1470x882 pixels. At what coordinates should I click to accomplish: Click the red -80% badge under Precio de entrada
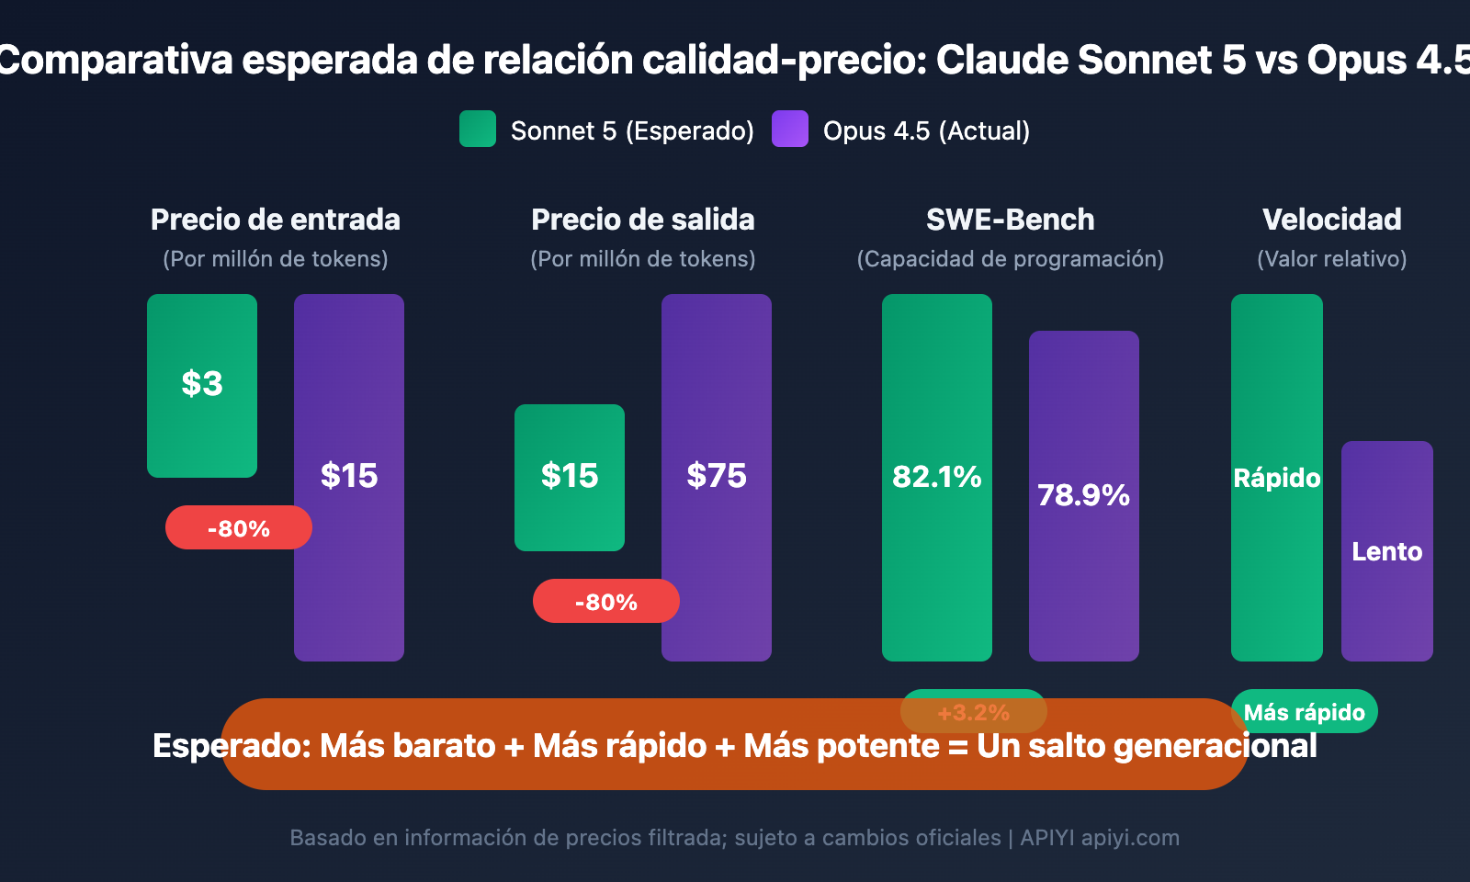point(239,528)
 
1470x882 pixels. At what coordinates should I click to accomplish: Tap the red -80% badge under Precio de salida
point(606,602)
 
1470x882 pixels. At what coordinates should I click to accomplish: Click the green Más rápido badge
point(1305,712)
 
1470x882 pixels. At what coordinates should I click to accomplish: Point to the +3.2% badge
point(974,712)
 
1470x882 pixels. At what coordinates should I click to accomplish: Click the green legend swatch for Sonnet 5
point(478,130)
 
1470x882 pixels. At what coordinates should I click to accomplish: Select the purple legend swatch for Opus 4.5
point(790,130)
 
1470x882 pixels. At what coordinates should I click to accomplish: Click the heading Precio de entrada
point(276,220)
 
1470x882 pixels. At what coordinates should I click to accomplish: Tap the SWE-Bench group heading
point(1011,220)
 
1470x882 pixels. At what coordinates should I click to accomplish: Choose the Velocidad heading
point(1332,220)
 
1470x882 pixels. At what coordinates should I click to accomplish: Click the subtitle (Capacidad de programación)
point(1011,259)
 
